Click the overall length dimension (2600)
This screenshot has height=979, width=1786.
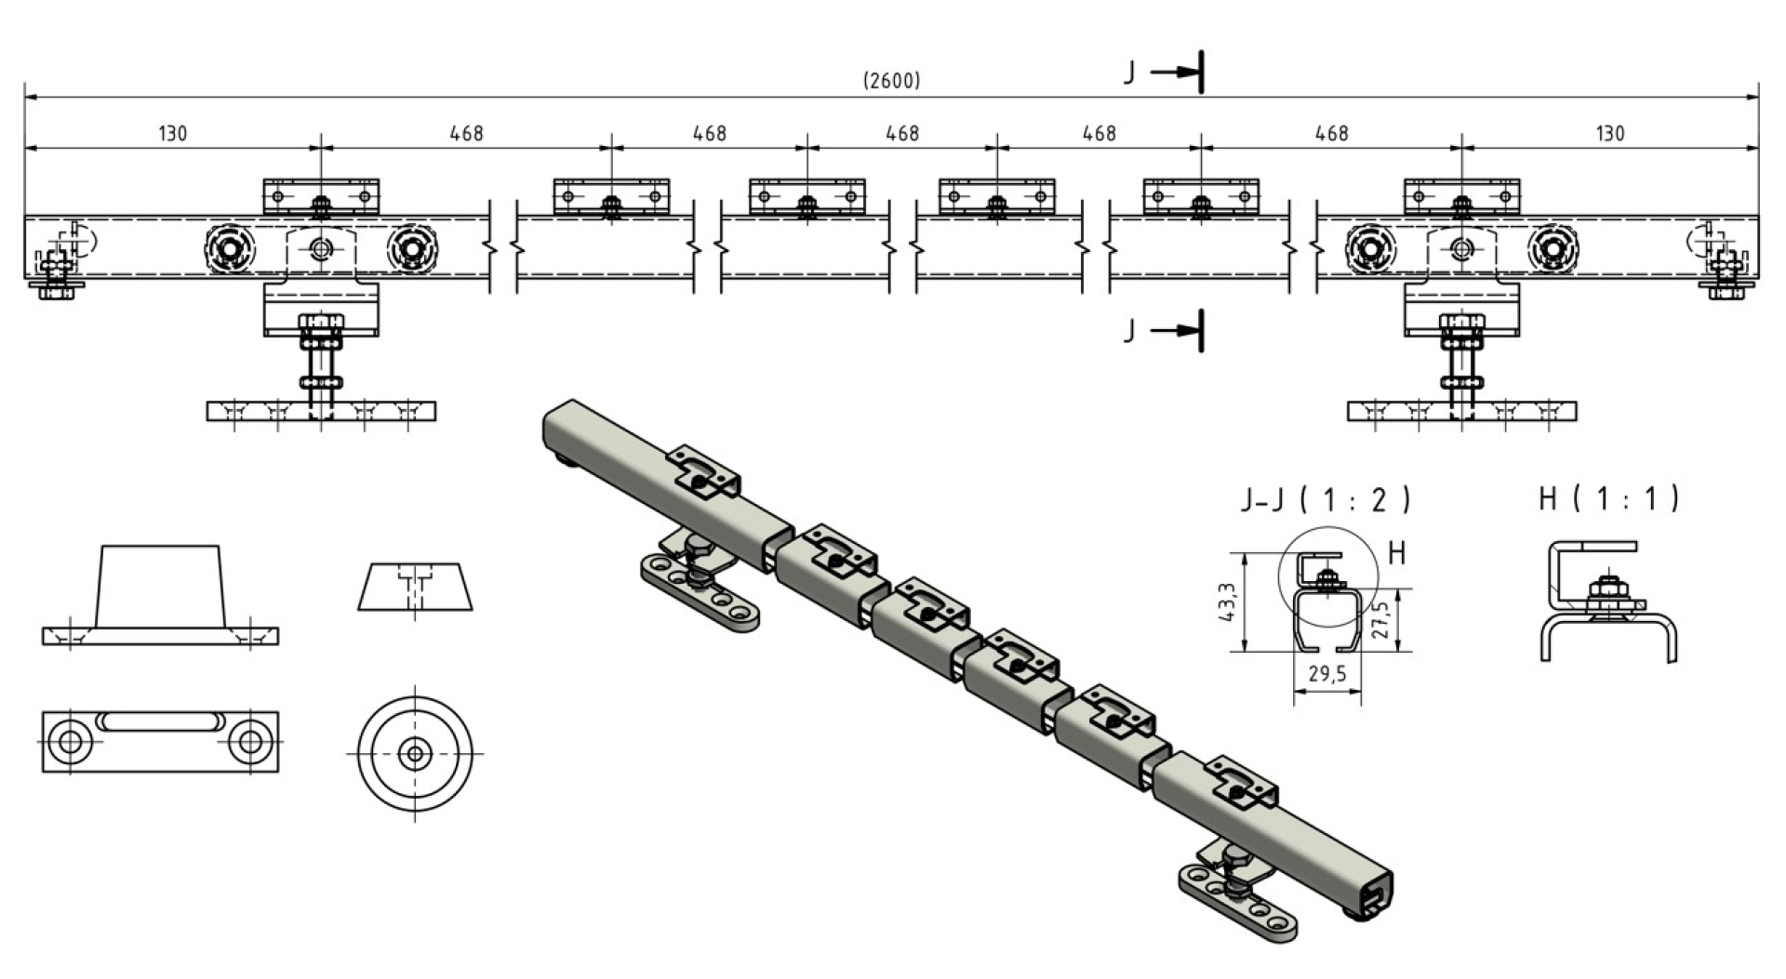pyautogui.click(x=892, y=81)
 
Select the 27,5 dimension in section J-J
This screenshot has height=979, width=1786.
pyautogui.click(x=1382, y=619)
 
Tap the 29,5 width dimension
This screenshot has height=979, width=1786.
pyautogui.click(x=1327, y=674)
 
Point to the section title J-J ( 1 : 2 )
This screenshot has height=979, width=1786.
pyautogui.click(x=1326, y=500)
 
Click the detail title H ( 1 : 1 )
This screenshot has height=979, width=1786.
pyautogui.click(x=1608, y=499)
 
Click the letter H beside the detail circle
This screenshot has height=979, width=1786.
pyautogui.click(x=1396, y=554)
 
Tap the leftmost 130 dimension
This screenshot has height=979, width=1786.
pyautogui.click(x=172, y=134)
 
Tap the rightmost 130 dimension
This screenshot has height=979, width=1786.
pyautogui.click(x=1609, y=134)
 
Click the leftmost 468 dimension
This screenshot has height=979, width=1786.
pyautogui.click(x=466, y=134)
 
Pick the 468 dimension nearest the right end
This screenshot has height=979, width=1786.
pyautogui.click(x=1331, y=134)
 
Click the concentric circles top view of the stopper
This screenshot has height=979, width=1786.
pyautogui.click(x=415, y=753)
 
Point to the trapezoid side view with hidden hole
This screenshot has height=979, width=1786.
pyautogui.click(x=415, y=587)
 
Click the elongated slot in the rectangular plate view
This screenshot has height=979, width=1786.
pyautogui.click(x=159, y=721)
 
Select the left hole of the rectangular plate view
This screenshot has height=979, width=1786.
pyautogui.click(x=68, y=742)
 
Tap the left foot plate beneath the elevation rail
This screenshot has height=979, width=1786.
pyautogui.click(x=321, y=411)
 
